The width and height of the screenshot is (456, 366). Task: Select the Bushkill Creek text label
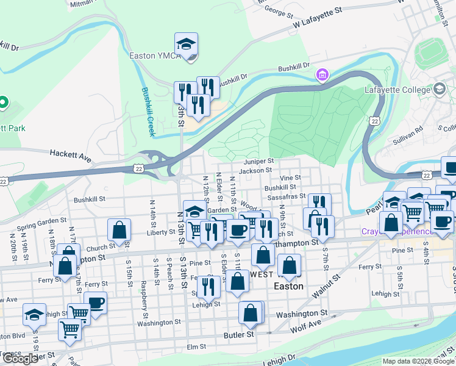click(x=148, y=111)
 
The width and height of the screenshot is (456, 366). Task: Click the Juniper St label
click(x=258, y=161)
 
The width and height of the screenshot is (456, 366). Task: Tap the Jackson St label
click(x=255, y=171)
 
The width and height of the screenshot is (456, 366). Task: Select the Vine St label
click(x=290, y=178)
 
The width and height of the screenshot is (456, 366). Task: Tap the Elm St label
click(x=198, y=346)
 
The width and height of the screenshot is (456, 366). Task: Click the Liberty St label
click(x=161, y=232)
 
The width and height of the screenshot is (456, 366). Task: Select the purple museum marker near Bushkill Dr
click(x=322, y=76)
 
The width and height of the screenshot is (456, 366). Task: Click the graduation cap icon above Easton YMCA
click(x=186, y=44)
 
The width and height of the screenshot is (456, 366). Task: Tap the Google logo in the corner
click(x=20, y=359)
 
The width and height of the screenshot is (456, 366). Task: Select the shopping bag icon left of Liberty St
click(x=119, y=230)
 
